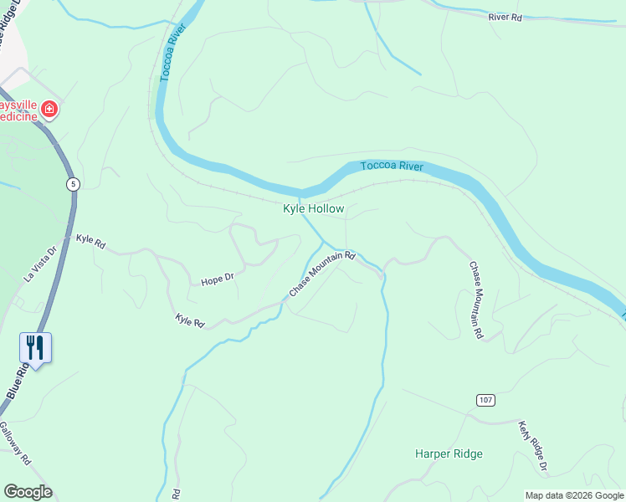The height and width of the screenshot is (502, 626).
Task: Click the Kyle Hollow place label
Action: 314,208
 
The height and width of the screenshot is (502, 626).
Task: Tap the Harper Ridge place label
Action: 449,453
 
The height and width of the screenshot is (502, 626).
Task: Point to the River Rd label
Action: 505,16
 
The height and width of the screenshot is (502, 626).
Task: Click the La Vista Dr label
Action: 38,264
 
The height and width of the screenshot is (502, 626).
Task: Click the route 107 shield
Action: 485,400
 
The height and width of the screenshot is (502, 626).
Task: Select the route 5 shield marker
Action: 74,183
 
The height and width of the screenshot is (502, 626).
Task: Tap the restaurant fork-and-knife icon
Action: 35,347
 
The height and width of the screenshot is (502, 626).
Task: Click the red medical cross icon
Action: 49,109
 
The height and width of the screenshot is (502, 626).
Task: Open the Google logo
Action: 28,492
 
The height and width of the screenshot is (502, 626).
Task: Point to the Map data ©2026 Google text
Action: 574,495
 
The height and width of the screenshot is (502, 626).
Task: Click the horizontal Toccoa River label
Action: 392,166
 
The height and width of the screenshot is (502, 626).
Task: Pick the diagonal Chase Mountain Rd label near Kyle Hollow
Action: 322,274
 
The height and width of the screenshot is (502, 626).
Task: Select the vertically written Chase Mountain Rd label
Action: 475,300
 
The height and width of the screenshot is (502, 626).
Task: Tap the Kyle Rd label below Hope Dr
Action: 190,320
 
